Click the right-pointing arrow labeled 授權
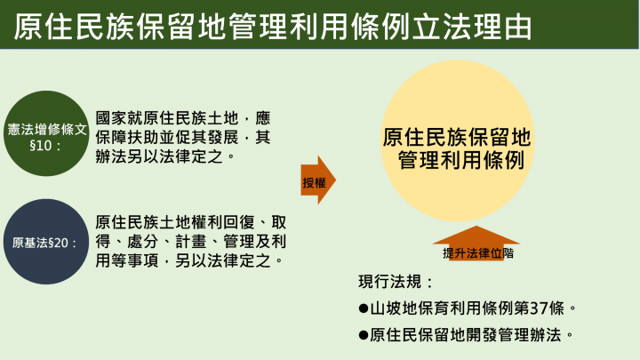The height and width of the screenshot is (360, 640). tap(316, 182)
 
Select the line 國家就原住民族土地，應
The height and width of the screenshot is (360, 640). tap(180, 117)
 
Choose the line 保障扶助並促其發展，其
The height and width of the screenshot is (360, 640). tap(180, 137)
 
